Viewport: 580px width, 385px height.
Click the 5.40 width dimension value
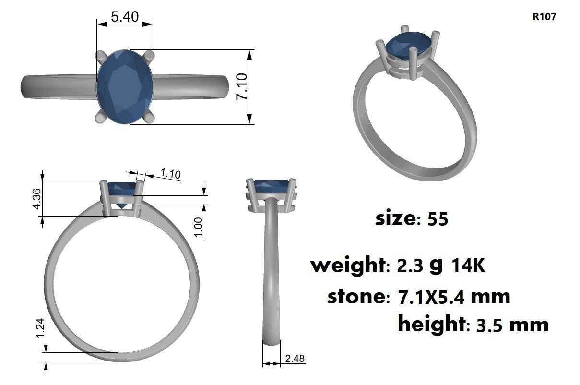[125, 17]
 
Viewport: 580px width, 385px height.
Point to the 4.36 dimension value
[36, 198]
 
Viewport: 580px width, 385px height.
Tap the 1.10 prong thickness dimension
[170, 173]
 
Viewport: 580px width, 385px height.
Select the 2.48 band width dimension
[295, 359]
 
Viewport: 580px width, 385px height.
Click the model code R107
[544, 17]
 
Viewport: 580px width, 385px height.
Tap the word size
[396, 218]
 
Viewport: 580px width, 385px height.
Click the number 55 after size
[437, 219]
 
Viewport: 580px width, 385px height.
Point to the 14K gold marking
[468, 265]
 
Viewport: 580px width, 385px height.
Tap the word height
[431, 324]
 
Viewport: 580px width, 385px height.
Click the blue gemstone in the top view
[125, 86]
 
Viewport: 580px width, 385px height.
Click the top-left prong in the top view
[101, 56]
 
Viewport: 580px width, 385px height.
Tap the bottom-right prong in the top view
[149, 118]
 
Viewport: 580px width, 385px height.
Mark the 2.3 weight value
[410, 265]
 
